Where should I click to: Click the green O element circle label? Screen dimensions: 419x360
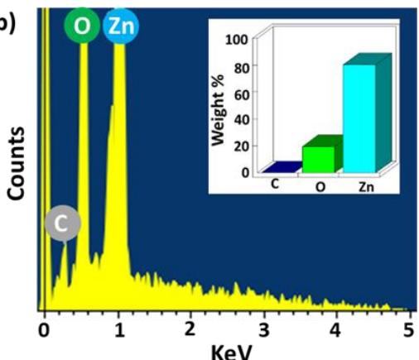(82, 26)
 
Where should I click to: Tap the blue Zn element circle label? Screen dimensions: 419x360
(121, 26)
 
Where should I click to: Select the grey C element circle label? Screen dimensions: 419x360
(63, 223)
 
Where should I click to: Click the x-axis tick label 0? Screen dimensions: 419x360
(43, 330)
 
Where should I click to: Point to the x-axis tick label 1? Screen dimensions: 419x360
(119, 330)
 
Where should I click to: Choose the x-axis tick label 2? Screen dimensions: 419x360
(190, 329)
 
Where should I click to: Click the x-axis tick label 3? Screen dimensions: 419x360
(264, 330)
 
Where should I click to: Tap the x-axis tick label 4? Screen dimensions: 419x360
(335, 330)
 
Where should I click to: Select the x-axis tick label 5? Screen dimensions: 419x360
(409, 330)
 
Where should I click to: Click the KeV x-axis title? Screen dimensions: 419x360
(231, 352)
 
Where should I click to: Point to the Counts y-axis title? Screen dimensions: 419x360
(16, 163)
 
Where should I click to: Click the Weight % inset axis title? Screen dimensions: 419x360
(218, 109)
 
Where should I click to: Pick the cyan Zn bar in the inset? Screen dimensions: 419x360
(359, 119)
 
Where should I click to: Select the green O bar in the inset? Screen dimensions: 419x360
(318, 160)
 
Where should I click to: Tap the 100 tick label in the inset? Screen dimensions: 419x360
(237, 40)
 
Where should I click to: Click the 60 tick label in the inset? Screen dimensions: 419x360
(242, 95)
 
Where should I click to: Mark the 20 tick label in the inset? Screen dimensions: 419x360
(242, 146)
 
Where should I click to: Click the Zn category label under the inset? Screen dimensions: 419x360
(366, 187)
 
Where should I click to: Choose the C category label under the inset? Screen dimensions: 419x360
(275, 185)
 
